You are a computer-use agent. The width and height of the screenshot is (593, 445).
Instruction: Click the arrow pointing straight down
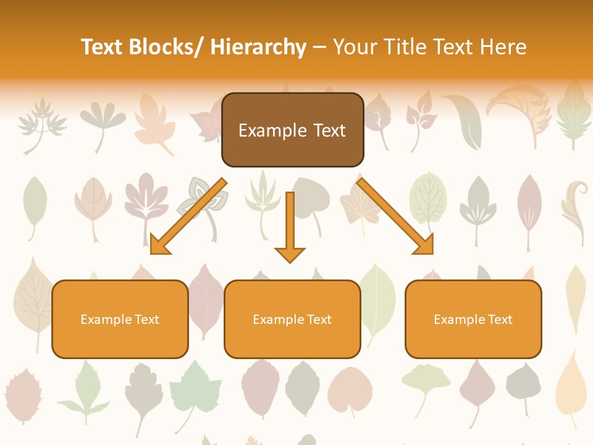290,226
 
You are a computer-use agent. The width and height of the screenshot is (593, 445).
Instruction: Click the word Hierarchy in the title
258,47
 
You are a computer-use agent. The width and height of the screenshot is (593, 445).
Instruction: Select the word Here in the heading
504,47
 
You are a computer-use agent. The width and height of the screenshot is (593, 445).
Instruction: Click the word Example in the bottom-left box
106,320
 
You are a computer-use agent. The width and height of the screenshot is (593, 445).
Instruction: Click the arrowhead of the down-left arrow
159,245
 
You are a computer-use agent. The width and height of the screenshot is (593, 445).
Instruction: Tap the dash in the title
319,47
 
